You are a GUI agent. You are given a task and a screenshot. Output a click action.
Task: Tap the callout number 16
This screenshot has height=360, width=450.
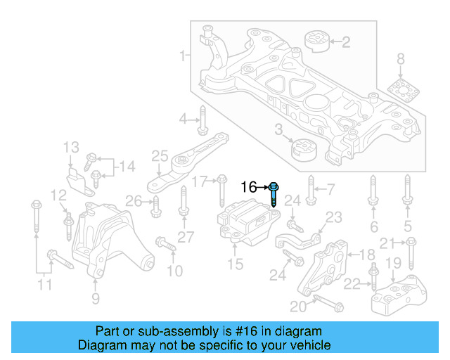[250, 187]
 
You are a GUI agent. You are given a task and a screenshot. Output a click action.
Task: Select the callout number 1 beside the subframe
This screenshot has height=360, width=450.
[184, 55]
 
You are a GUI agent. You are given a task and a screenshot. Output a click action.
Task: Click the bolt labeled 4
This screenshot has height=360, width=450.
[202, 120]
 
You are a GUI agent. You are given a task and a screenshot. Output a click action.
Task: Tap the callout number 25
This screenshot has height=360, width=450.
[160, 155]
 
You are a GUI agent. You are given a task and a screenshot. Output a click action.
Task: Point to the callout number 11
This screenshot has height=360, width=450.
[44, 285]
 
